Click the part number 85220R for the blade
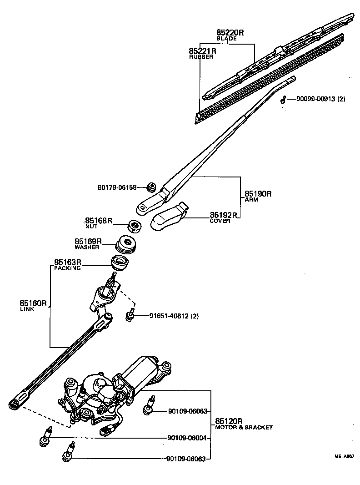(x=230, y=33)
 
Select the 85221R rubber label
(x=203, y=51)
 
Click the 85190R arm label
(x=258, y=194)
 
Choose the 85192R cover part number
(x=224, y=215)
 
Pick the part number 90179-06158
(x=117, y=187)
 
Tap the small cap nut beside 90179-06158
(x=151, y=187)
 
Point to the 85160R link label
(x=33, y=303)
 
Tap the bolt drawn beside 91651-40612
(x=130, y=315)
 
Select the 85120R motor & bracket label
(x=229, y=421)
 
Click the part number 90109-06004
(x=187, y=438)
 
